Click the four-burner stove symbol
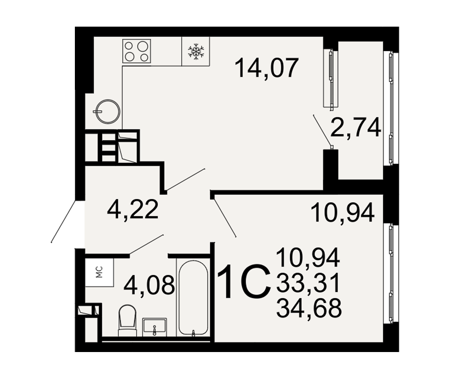(137, 51)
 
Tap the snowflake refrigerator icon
(196, 50)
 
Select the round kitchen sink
(108, 112)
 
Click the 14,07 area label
(267, 68)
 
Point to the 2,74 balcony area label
(356, 127)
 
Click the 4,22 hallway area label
(132, 209)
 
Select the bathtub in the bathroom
(193, 298)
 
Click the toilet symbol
(128, 321)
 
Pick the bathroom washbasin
(154, 327)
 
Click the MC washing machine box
(99, 272)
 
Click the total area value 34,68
(308, 308)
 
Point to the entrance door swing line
(63, 221)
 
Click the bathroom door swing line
(146, 245)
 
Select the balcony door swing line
(322, 130)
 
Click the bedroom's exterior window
(391, 273)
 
